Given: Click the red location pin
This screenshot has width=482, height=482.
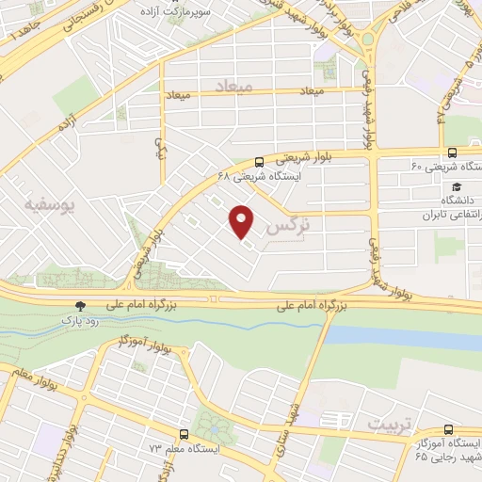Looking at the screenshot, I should (x=243, y=220).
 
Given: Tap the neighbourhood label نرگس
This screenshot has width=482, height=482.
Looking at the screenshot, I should (x=288, y=227).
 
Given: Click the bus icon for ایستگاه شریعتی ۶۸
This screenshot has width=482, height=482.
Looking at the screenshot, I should (x=260, y=161).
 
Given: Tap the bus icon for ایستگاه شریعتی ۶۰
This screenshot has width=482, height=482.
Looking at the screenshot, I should (x=453, y=153).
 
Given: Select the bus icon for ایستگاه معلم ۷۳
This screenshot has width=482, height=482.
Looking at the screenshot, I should (x=184, y=435).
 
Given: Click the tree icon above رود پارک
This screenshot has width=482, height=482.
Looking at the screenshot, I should (x=80, y=306).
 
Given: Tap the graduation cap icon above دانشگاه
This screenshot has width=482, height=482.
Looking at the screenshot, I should (x=457, y=186).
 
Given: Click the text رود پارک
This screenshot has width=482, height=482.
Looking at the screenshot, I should (x=81, y=321).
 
